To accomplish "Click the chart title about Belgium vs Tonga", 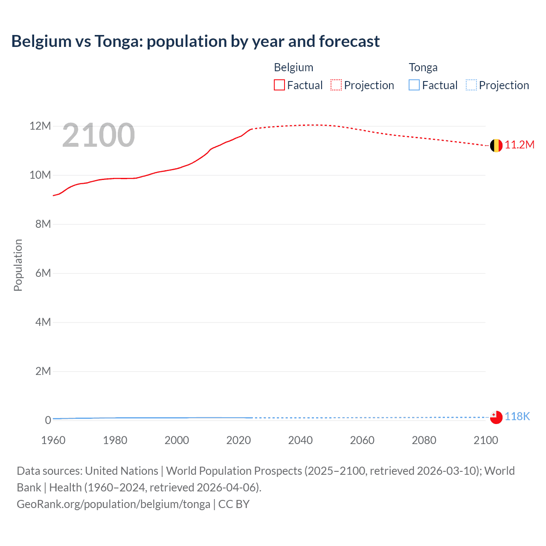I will click(195, 41).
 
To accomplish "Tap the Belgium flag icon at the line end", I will click(496, 145).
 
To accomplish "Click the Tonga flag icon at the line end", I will click(496, 417).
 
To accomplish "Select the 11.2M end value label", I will click(520, 145).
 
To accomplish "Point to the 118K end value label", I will click(517, 417).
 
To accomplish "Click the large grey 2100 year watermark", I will click(99, 135).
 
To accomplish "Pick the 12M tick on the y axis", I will click(40, 126).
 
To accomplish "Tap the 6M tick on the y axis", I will click(43, 273).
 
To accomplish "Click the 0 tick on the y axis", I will click(48, 420).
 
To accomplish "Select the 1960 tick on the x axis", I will click(53, 440).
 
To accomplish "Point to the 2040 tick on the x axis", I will click(300, 440).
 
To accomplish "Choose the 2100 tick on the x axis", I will click(485, 440).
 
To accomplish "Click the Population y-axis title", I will click(18, 265).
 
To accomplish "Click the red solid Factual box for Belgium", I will click(279, 85).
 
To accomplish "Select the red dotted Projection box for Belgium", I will click(336, 85).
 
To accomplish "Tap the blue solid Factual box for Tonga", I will click(414, 85).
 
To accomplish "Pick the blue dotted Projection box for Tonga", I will click(471, 85).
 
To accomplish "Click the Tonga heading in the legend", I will click(423, 67).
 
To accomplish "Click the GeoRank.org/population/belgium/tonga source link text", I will click(113, 504).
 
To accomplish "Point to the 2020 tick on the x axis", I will click(238, 440).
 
